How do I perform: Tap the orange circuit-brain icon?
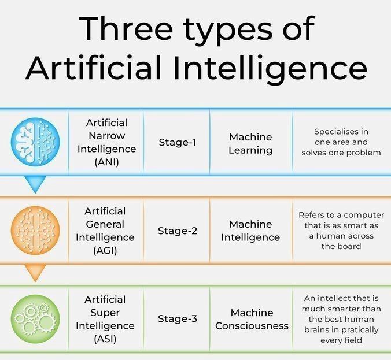tap(35, 230)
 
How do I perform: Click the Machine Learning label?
tap(250, 143)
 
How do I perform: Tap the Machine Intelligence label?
tap(250, 231)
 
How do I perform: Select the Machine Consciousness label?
tap(252, 319)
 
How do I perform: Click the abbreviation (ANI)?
tap(106, 162)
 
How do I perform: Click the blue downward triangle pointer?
tap(35, 184)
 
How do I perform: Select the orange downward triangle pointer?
tap(35, 272)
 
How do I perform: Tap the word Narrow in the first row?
tap(106, 136)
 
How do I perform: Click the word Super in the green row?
tap(105, 313)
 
